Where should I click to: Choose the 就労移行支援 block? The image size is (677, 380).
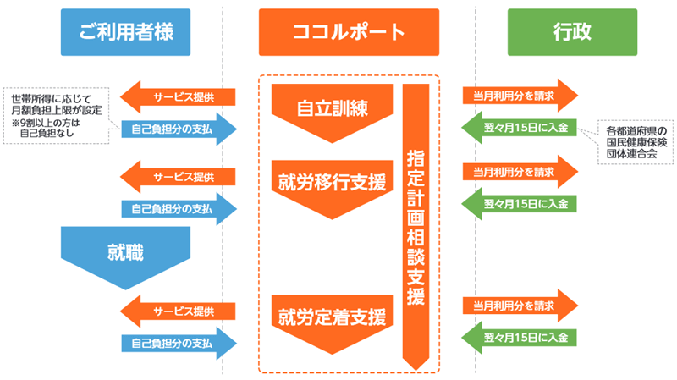tap(333, 183)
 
